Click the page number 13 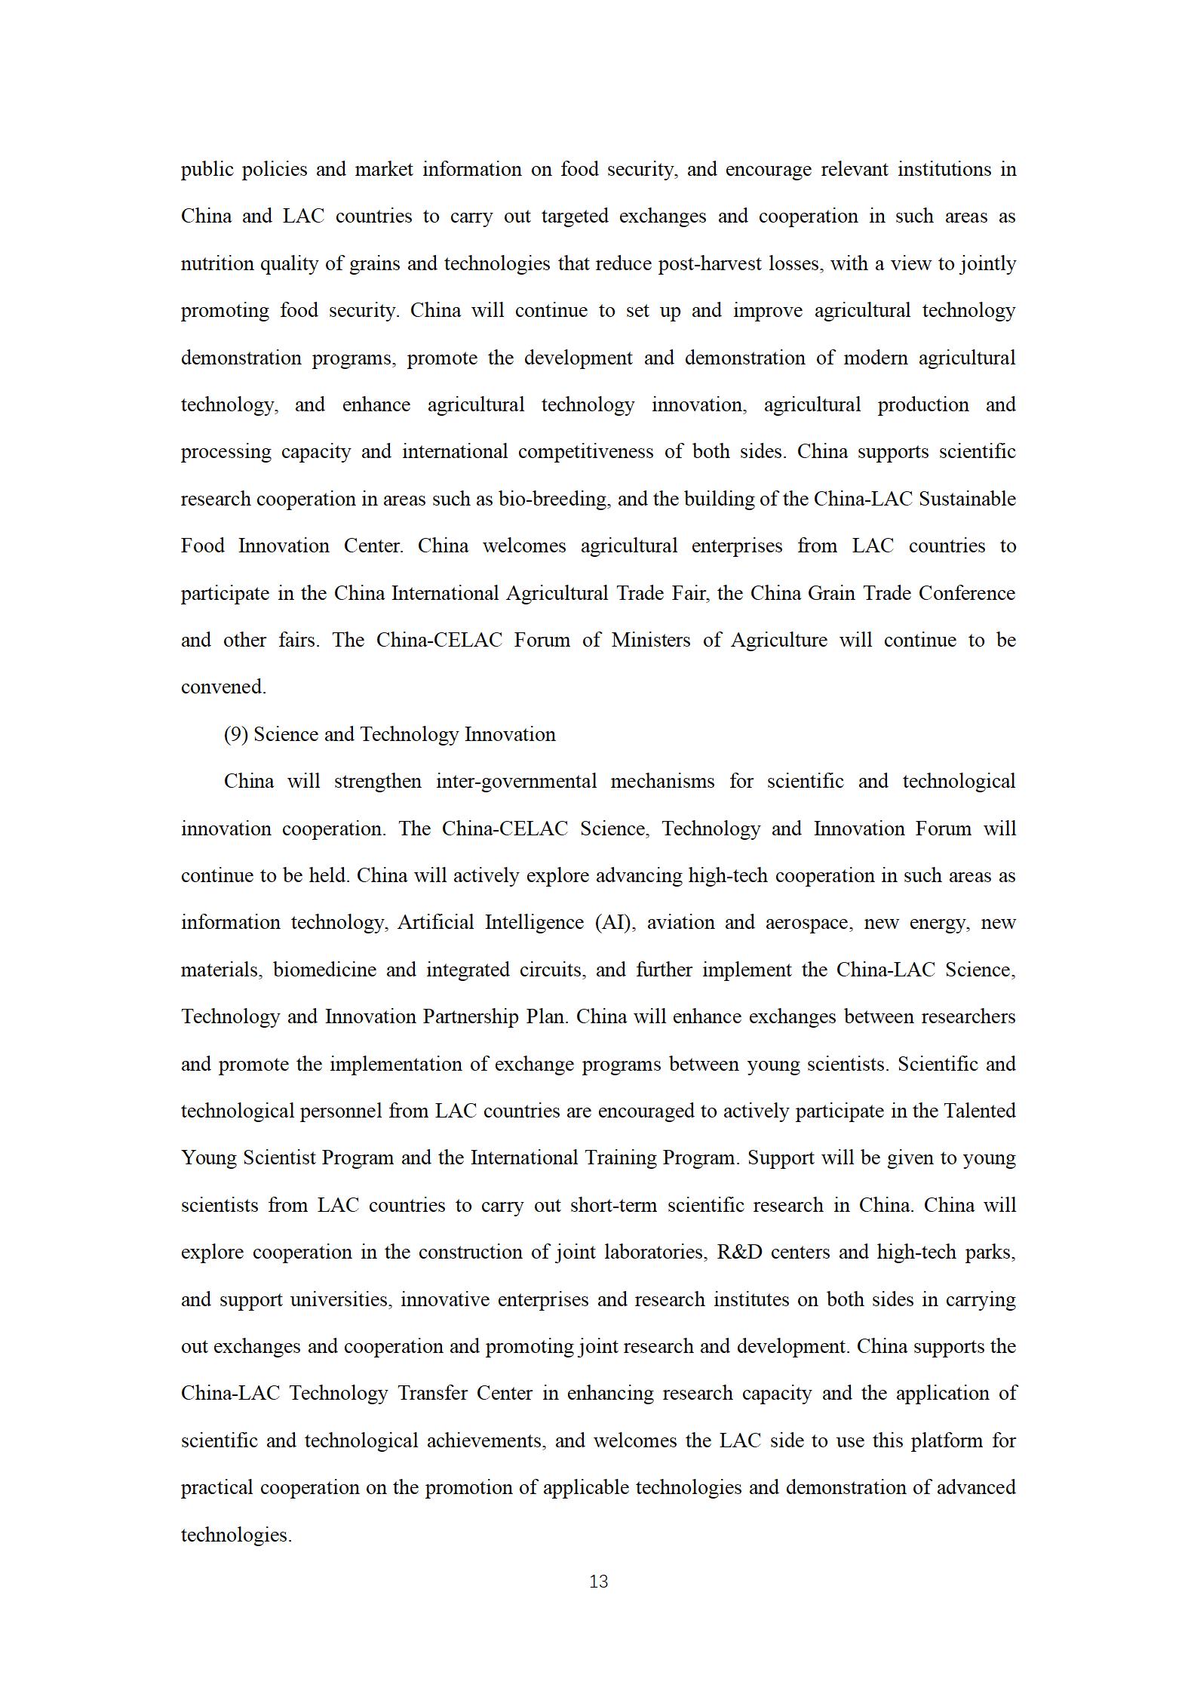tap(598, 1582)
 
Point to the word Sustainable tap(967, 499)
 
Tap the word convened tap(223, 687)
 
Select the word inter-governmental tap(517, 781)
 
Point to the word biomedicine tap(324, 970)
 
